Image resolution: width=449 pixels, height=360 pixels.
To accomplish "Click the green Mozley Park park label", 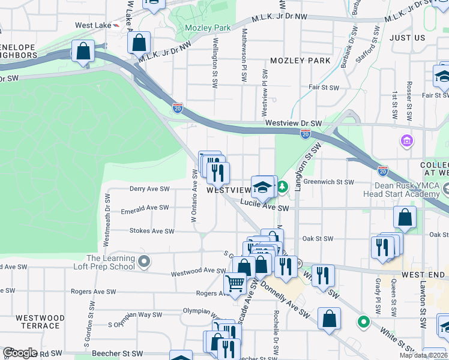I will [x=208, y=28].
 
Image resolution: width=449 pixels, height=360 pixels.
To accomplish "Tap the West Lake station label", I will [x=94, y=26].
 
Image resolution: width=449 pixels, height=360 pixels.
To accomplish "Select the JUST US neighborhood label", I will [x=407, y=38].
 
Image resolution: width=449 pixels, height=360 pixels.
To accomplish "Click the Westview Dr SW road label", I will [x=294, y=124].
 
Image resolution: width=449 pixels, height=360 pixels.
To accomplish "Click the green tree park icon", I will [x=282, y=187].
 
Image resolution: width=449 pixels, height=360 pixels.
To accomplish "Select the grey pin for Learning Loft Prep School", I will [x=143, y=262].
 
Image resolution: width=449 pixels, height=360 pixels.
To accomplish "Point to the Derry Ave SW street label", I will [x=149, y=188].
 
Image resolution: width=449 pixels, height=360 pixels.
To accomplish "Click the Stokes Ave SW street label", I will [x=152, y=231].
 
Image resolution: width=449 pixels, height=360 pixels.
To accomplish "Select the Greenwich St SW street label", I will [x=328, y=182].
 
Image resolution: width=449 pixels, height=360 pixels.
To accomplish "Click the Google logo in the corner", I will [x=20, y=353].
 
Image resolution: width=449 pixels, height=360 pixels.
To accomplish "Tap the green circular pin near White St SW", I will [x=363, y=322].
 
